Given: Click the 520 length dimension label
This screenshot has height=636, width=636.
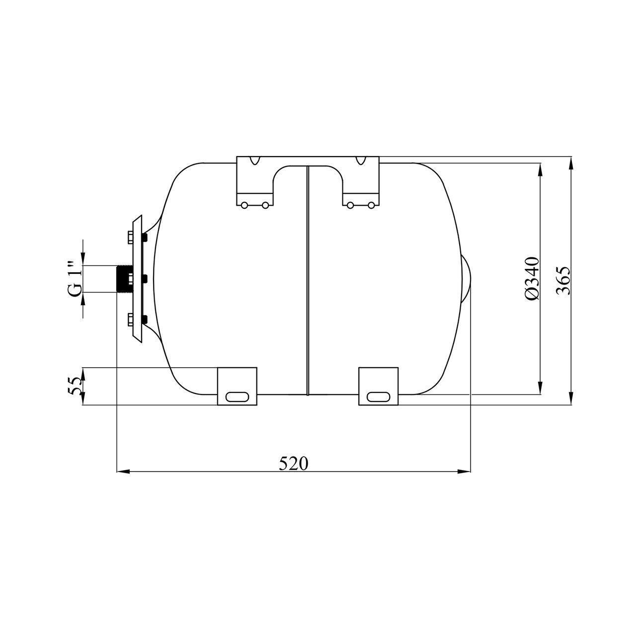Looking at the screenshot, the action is click(x=294, y=464).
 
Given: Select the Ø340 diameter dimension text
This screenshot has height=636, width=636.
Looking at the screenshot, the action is click(x=532, y=278).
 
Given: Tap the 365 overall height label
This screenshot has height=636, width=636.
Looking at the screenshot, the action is click(x=563, y=281).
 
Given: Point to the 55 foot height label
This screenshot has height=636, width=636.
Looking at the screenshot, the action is click(x=75, y=386).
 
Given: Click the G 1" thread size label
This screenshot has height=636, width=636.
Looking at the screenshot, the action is click(x=75, y=279).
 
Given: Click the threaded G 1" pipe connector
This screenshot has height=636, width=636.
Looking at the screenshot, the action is click(x=125, y=279).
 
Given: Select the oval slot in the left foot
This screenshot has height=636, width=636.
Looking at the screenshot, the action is click(x=238, y=397).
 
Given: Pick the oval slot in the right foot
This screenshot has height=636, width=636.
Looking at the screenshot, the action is click(x=378, y=397).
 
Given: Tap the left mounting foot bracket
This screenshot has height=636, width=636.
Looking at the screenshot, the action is click(x=237, y=386).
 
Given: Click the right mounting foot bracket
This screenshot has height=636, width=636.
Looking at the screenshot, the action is click(x=378, y=386).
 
